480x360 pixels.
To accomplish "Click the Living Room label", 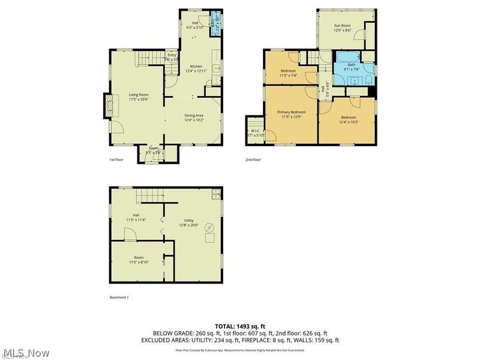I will pos(139,94).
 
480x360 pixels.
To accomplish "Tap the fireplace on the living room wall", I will pos(109,106).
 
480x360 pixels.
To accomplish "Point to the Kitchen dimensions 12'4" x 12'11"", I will pos(196,71).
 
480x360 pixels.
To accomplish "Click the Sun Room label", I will pos(342,25).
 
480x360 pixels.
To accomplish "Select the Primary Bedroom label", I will pos(291,112).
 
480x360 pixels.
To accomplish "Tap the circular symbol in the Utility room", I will pos(209,227).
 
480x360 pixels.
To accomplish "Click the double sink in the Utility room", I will pos(215,194).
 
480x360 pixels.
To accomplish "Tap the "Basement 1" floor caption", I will pos(119,298).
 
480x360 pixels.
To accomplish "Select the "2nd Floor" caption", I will pos(253,160).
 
